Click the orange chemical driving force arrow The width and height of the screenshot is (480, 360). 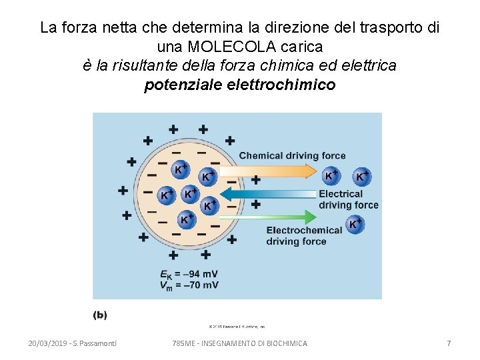(x=280, y=172)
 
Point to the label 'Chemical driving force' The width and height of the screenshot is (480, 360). (x=293, y=156)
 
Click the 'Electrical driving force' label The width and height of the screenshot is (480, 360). (x=348, y=199)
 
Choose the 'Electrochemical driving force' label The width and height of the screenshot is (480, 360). (x=304, y=235)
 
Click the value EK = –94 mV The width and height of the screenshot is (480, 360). (x=189, y=274)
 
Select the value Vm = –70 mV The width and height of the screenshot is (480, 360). (x=189, y=285)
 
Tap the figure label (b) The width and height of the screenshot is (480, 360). (x=100, y=315)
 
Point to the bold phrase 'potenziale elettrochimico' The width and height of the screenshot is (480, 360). (x=240, y=85)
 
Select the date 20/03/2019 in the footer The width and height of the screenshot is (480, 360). (x=51, y=343)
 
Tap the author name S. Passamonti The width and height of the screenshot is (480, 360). (x=97, y=343)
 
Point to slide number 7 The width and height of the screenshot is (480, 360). (x=449, y=343)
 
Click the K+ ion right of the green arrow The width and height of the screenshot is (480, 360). (x=355, y=225)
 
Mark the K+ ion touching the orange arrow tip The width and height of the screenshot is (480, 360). (x=331, y=175)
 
